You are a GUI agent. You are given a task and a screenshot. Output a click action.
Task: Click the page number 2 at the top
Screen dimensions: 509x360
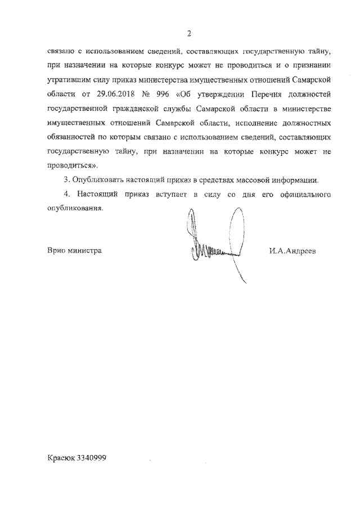(190, 33)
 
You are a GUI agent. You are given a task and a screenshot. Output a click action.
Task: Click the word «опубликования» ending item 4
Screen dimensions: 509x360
(75, 209)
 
